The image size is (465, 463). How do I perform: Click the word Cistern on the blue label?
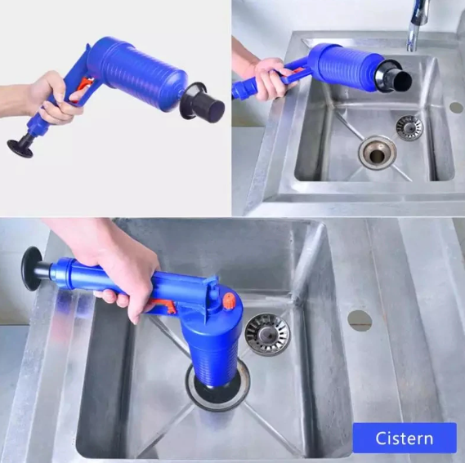405,439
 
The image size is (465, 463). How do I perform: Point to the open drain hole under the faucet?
378,153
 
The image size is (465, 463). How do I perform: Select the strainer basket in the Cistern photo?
267,334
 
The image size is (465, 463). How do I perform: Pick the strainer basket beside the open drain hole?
409,128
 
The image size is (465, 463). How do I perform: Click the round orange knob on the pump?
229,301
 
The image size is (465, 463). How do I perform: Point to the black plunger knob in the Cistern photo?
31,269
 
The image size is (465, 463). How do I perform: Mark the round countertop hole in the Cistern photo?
360,321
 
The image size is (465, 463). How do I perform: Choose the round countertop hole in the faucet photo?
456,107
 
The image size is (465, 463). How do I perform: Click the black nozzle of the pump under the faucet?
393,77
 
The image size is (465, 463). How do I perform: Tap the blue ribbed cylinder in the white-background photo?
136,73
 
